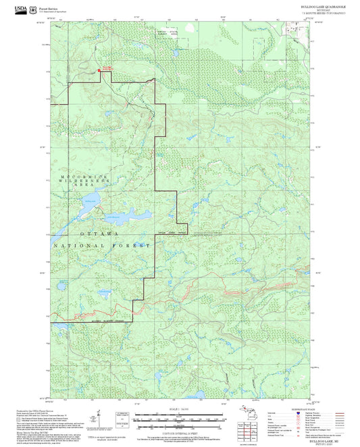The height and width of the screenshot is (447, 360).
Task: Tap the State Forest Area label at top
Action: coord(168,33)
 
